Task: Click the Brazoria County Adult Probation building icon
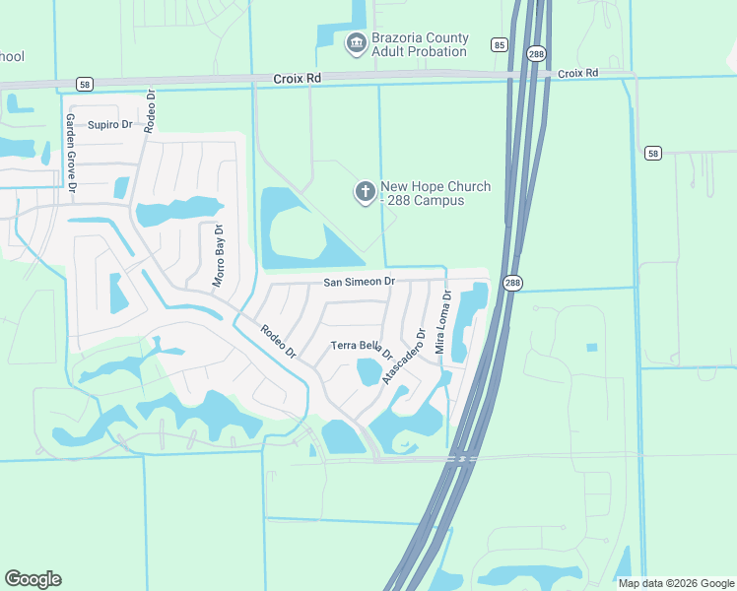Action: click(x=356, y=43)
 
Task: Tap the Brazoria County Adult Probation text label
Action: click(x=419, y=44)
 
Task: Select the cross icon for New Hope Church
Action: click(x=366, y=192)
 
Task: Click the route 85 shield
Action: click(x=500, y=45)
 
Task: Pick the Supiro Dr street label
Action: click(x=109, y=125)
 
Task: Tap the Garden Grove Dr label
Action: click(x=71, y=152)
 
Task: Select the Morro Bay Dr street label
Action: click(x=219, y=256)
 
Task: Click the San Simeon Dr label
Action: click(x=360, y=282)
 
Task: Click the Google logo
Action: click(x=33, y=579)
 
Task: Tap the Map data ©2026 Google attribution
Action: click(x=676, y=583)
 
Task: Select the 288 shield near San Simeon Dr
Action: click(x=512, y=284)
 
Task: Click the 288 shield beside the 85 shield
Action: click(x=534, y=54)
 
